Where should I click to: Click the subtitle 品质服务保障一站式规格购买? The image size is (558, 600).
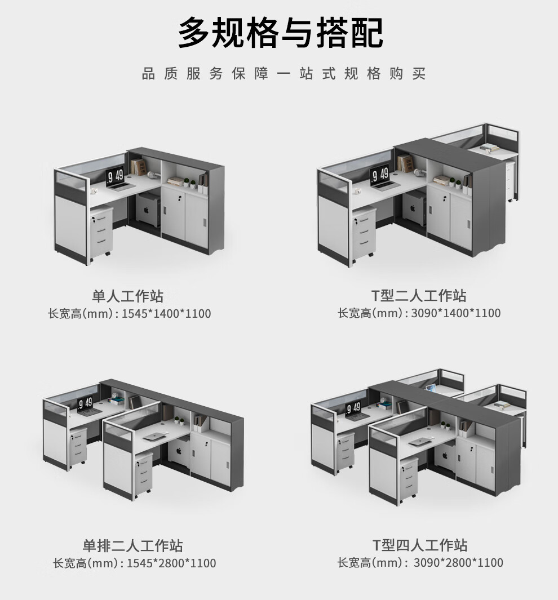(x=284, y=73)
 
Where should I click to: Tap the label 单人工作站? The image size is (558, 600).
(x=128, y=296)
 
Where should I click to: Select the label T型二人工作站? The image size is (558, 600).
(x=419, y=295)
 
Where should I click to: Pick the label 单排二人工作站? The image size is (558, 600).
(x=133, y=546)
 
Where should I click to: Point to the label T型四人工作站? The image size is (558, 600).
(x=420, y=545)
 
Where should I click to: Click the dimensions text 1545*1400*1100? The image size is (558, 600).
(x=166, y=314)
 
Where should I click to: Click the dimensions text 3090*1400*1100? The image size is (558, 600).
(x=456, y=313)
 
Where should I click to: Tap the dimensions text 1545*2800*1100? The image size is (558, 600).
(x=171, y=563)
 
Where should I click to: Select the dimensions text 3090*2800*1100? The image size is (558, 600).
(x=458, y=562)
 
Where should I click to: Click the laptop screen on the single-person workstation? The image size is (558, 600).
(x=115, y=175)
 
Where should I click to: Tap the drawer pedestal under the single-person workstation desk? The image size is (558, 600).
(x=101, y=231)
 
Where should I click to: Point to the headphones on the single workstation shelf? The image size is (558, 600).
(x=153, y=174)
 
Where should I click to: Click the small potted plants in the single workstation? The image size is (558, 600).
(x=189, y=183)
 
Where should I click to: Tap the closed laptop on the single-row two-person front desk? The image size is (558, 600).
(x=155, y=436)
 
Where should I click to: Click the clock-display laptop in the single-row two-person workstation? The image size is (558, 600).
(x=86, y=406)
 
